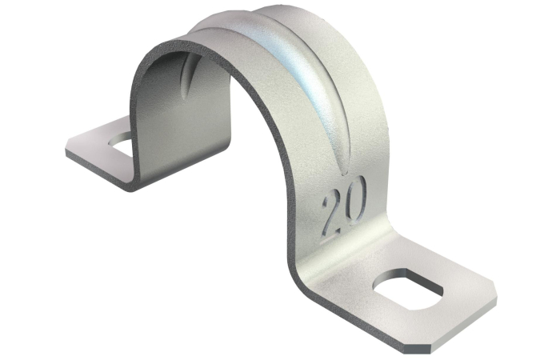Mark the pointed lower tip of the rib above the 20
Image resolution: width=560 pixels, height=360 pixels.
346,174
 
